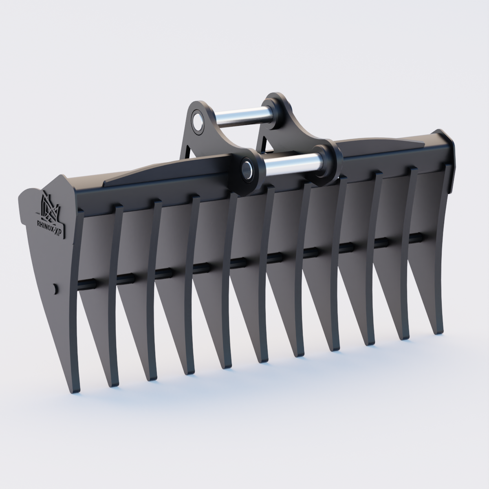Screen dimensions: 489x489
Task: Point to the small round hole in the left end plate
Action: coord(55,289)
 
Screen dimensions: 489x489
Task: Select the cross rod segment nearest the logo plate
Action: coord(87,282)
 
